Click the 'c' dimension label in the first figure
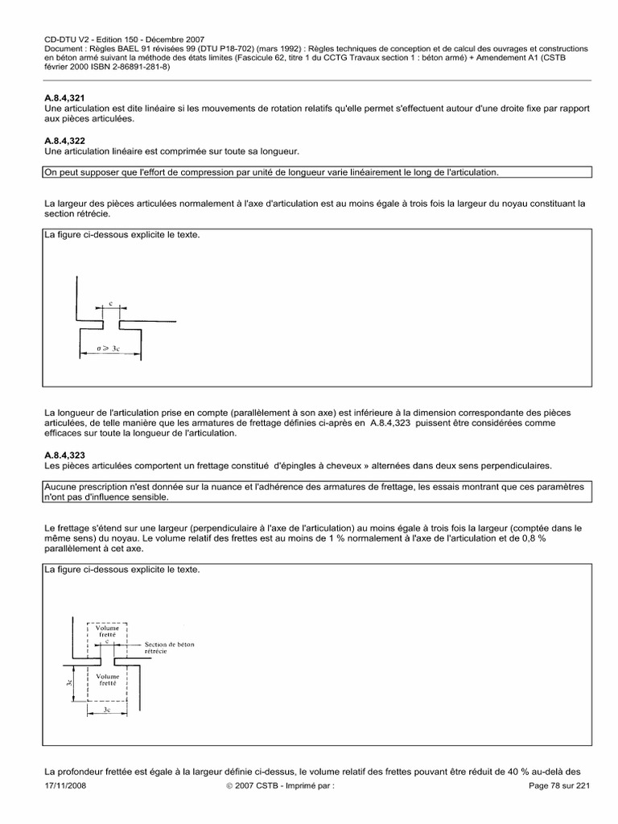tap(111, 305)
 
